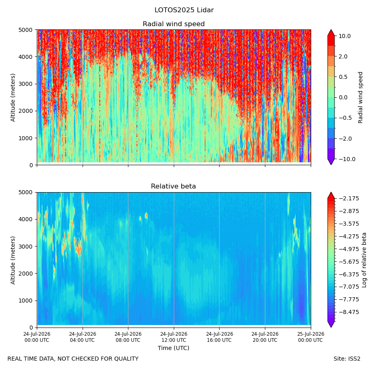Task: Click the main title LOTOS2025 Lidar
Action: (184, 10)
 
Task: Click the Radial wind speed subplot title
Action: (174, 24)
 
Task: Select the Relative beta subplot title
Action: (173, 186)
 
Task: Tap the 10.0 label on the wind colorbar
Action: (345, 36)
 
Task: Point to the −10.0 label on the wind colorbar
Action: (347, 159)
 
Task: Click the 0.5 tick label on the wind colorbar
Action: (343, 77)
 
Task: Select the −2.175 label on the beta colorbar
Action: (349, 199)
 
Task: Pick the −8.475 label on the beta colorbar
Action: (349, 312)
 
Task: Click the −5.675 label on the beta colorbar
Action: (349, 262)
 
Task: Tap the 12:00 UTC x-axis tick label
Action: (174, 337)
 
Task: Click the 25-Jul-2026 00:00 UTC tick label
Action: (311, 337)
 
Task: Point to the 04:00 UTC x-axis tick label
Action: (83, 337)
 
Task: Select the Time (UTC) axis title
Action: (173, 348)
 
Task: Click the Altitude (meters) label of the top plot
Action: (13, 98)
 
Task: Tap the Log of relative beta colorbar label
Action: (364, 260)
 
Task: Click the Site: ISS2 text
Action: (347, 359)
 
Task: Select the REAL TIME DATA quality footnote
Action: (73, 359)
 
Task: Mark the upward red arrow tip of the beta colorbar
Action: (331, 193)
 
